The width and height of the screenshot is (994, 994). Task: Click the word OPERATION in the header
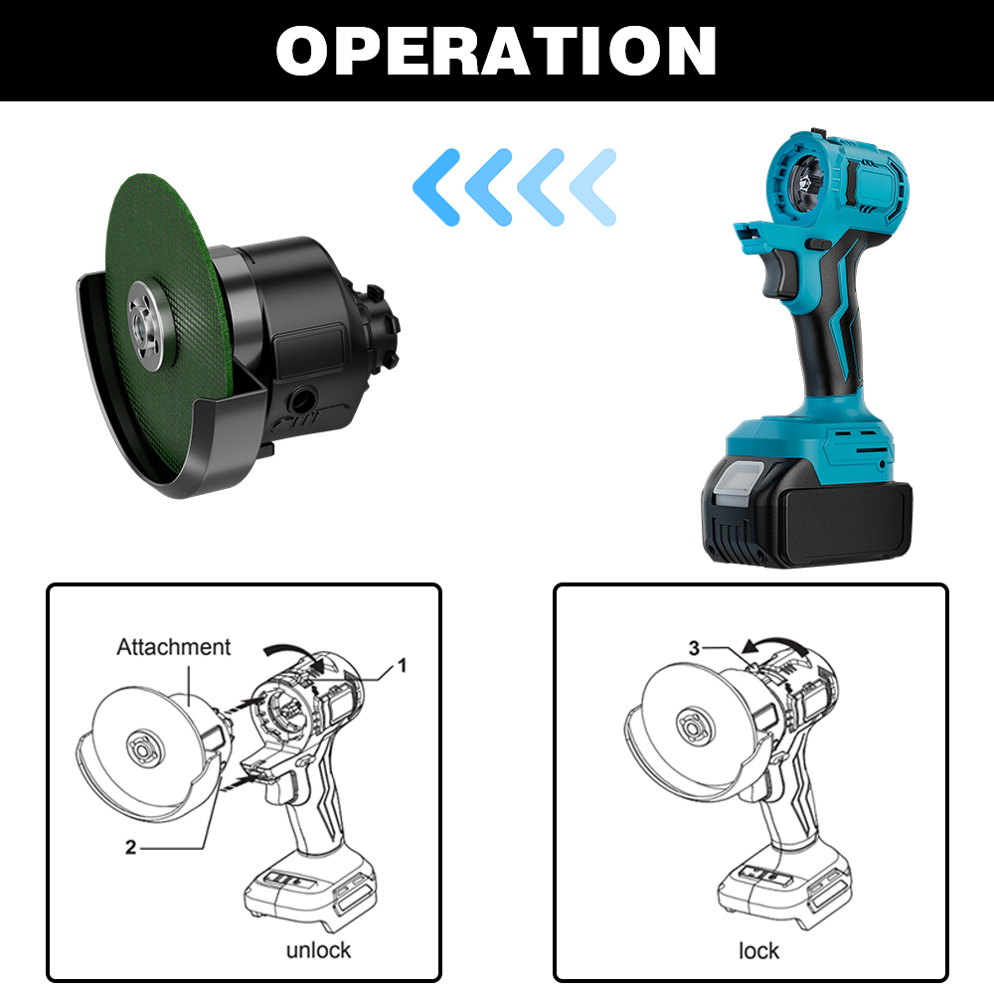(x=496, y=51)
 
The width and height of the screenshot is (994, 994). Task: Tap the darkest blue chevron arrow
(x=436, y=187)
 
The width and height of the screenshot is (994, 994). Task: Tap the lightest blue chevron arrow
(x=593, y=187)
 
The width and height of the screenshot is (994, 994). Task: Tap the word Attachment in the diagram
(x=173, y=647)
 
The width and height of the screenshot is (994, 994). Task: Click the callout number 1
(x=402, y=665)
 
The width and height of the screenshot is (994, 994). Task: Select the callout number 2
(x=130, y=847)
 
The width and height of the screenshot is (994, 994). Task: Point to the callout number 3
(x=694, y=648)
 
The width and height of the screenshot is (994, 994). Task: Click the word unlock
(x=318, y=949)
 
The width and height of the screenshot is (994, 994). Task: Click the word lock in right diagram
(x=758, y=950)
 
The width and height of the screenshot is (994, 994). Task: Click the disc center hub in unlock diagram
(x=144, y=749)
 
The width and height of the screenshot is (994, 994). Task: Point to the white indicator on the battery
(x=739, y=480)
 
